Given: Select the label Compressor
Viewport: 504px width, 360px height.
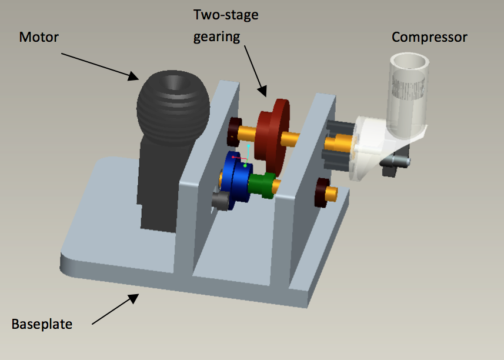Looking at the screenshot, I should tap(429, 38).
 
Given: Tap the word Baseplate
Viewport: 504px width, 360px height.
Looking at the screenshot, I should tap(42, 324).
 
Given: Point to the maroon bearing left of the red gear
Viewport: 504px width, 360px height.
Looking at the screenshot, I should tap(235, 132).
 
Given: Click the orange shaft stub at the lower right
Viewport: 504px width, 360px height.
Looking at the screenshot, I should tap(335, 193).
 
